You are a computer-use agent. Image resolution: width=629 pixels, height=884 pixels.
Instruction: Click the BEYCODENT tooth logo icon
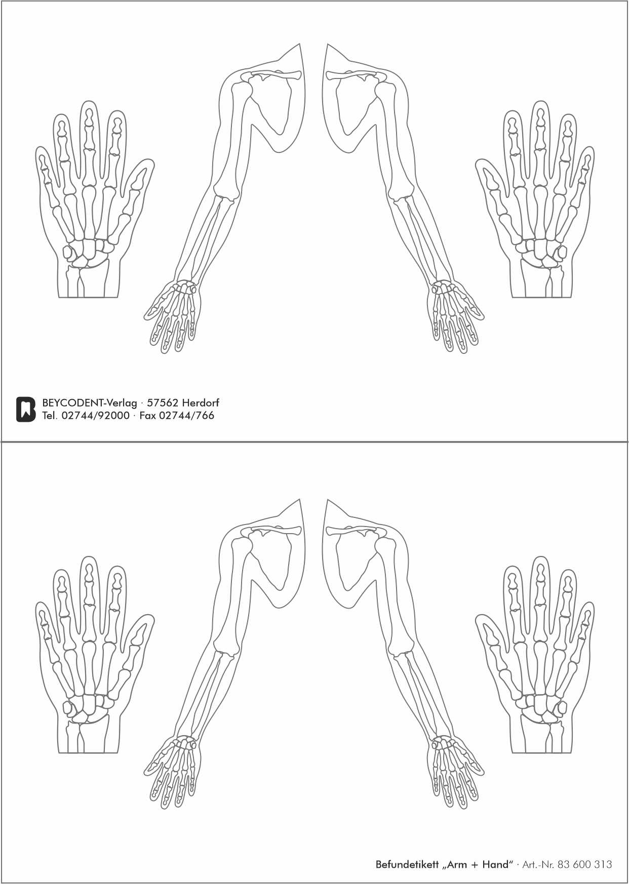click(x=26, y=409)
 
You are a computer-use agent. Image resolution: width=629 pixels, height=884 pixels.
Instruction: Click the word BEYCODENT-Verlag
click(x=90, y=403)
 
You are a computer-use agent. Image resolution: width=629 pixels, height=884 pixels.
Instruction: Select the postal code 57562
click(x=162, y=403)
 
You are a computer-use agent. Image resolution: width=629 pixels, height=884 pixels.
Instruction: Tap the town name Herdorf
click(x=201, y=403)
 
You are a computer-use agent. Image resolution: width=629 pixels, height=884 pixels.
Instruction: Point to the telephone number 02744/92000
click(x=95, y=416)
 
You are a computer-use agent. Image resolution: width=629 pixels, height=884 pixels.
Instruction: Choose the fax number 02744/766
click(x=186, y=416)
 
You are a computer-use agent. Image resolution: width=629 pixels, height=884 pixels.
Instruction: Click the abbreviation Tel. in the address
click(x=50, y=416)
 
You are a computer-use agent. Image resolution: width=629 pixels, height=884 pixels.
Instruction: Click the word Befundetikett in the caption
click(x=407, y=864)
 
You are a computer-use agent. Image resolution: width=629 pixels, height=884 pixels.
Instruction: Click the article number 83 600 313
click(x=584, y=864)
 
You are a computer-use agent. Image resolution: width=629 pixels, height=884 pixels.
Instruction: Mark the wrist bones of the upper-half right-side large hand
click(x=539, y=251)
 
